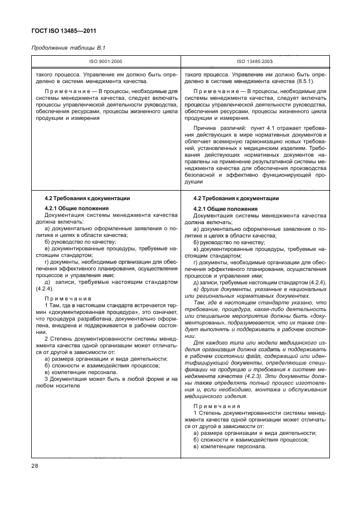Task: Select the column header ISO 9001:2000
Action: coord(105,63)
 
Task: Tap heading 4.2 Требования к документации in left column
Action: coord(87,198)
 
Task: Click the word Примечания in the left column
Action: coord(67,298)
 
